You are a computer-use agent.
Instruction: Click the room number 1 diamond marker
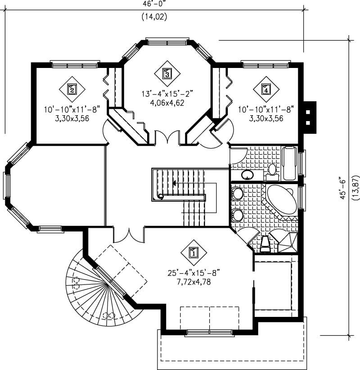coord(193,253)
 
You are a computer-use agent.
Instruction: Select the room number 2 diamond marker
coord(72,89)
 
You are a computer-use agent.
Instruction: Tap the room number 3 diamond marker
coord(166,73)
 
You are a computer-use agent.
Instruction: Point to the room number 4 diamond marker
coord(266,89)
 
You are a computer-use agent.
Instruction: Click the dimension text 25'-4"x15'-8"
coord(193,273)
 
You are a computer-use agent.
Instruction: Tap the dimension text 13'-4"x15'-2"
coord(167,94)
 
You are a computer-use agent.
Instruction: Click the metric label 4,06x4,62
coord(167,102)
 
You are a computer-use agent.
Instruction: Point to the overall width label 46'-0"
coord(155,4)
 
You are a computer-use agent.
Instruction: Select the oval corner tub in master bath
coord(282,201)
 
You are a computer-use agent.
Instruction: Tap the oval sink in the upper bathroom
coord(247,174)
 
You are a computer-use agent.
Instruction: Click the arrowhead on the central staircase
coord(174,183)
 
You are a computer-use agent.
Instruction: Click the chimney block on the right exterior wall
coord(309,117)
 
